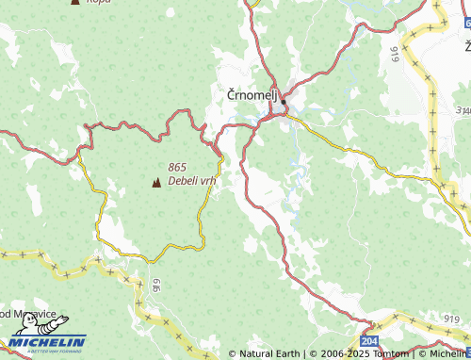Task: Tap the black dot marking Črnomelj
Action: pos(283,103)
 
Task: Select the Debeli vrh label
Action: pos(192,180)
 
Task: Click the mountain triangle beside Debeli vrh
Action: pos(156,182)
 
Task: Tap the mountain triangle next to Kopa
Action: pos(74,2)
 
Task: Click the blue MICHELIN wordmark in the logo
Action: pos(48,341)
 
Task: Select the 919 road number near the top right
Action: pos(393,54)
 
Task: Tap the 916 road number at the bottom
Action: pos(154,284)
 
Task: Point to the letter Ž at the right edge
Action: pos(466,46)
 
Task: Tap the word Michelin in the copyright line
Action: pos(448,354)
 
